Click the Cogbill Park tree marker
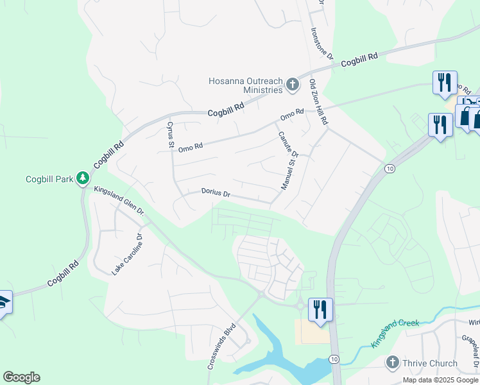82,178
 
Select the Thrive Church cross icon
393,363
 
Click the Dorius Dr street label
216,192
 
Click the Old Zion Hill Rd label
319,102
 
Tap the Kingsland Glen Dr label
119,200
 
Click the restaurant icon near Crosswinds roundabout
319,309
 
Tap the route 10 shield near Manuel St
389,168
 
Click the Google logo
21,377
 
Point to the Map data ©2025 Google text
440,380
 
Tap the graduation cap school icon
4,302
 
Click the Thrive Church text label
430,364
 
